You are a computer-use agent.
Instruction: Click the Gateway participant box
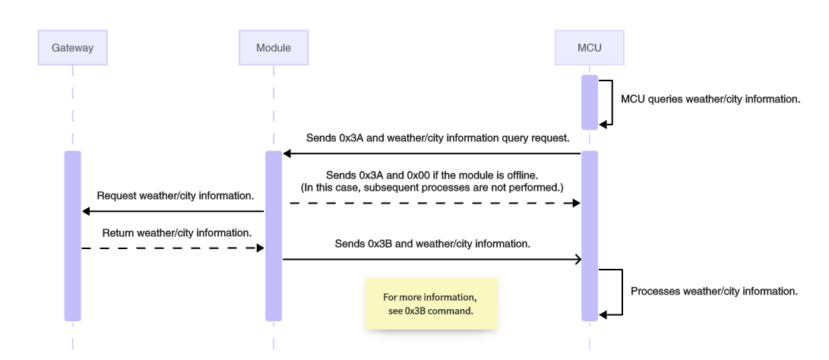coord(73,48)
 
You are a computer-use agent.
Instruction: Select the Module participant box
coord(274,48)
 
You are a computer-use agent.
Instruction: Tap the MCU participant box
coord(589,48)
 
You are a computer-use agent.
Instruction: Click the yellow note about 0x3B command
coord(431,303)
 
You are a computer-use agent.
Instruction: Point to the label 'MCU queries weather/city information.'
coord(710,99)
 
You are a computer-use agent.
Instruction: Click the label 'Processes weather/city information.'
coord(714,291)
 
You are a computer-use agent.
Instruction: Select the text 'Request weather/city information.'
coord(176,196)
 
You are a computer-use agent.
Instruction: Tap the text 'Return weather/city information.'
coord(176,233)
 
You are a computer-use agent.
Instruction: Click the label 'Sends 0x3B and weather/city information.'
coord(432,244)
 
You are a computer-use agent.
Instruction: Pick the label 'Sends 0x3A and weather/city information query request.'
coord(438,138)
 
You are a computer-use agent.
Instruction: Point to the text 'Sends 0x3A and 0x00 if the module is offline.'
coord(432,175)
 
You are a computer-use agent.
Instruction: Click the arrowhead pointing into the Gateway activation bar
coord(87,212)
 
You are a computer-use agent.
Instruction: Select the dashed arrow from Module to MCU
coord(433,203)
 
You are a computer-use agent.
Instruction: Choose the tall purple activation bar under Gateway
coord(73,235)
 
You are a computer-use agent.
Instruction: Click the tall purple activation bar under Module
coord(274,235)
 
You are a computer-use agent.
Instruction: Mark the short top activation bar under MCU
coord(589,103)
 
